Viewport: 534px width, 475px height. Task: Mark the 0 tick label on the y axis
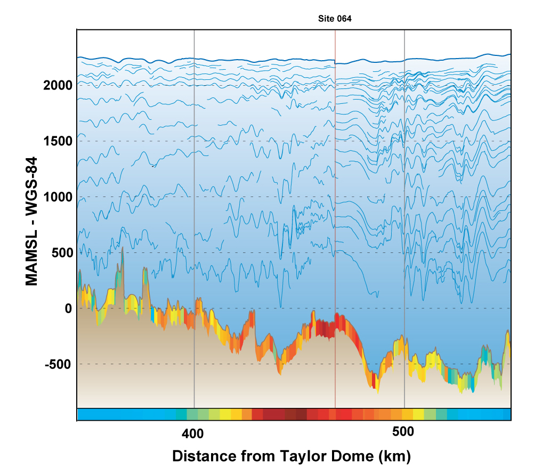(x=67, y=308)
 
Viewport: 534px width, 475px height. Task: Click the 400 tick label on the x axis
(x=192, y=433)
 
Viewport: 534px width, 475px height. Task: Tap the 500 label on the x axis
(x=403, y=433)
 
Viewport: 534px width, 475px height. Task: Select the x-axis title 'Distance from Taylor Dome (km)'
(x=292, y=456)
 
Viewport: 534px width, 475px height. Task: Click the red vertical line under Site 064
(x=335, y=213)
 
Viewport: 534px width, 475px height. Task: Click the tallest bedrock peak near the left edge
(x=123, y=249)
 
